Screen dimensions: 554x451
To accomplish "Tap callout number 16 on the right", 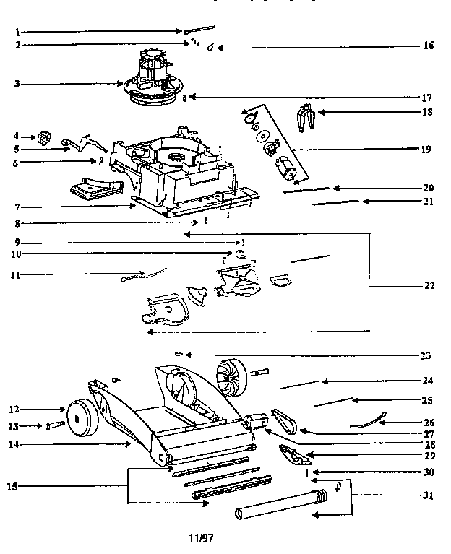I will (x=429, y=46).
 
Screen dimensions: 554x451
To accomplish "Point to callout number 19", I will (x=426, y=150).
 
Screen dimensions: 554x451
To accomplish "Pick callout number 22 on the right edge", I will (x=429, y=286).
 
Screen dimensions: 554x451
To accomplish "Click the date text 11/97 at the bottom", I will (x=202, y=539).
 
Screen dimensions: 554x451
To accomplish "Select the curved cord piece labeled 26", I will (x=365, y=423).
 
